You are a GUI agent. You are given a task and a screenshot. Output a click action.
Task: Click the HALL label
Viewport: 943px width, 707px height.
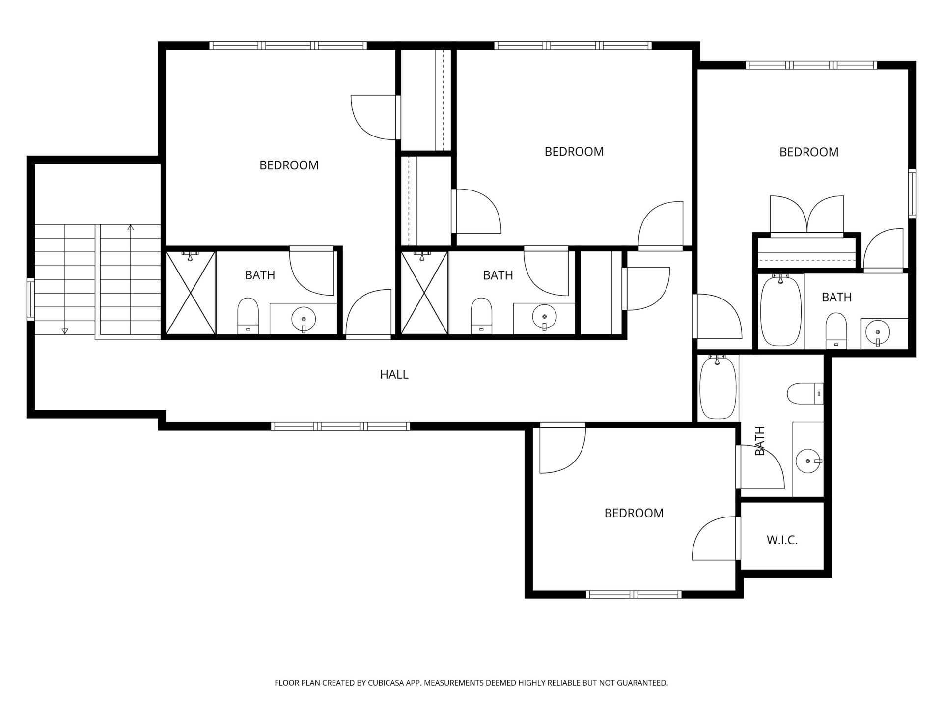(x=394, y=374)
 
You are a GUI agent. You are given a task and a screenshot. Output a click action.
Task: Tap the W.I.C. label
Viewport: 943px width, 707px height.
(x=782, y=541)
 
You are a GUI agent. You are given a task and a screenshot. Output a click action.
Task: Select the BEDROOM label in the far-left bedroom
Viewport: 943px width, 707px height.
(x=289, y=165)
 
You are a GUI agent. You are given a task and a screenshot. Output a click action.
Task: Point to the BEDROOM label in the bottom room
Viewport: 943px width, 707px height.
(x=634, y=513)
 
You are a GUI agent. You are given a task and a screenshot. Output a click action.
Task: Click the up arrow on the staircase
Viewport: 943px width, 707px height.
(x=130, y=228)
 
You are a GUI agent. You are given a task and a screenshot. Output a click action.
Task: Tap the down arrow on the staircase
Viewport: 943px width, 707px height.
(x=65, y=330)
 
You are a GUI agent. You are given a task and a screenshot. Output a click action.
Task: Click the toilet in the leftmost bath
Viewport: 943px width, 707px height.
(x=248, y=316)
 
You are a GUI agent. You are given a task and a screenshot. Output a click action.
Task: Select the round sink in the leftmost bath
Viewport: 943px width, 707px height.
(x=304, y=319)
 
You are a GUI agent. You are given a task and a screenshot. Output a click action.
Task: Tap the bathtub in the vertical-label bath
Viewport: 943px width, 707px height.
(x=718, y=388)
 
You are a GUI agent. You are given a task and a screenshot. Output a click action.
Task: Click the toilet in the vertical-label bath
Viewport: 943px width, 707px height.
(x=804, y=393)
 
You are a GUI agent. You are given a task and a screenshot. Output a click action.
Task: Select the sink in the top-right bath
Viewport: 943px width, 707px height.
(x=877, y=332)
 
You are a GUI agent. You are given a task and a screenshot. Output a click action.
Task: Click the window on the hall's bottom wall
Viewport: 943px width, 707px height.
(x=340, y=426)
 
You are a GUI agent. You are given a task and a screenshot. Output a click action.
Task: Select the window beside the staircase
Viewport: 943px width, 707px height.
(x=30, y=299)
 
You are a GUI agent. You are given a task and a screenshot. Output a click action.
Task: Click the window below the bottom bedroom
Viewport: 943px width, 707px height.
(x=634, y=595)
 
